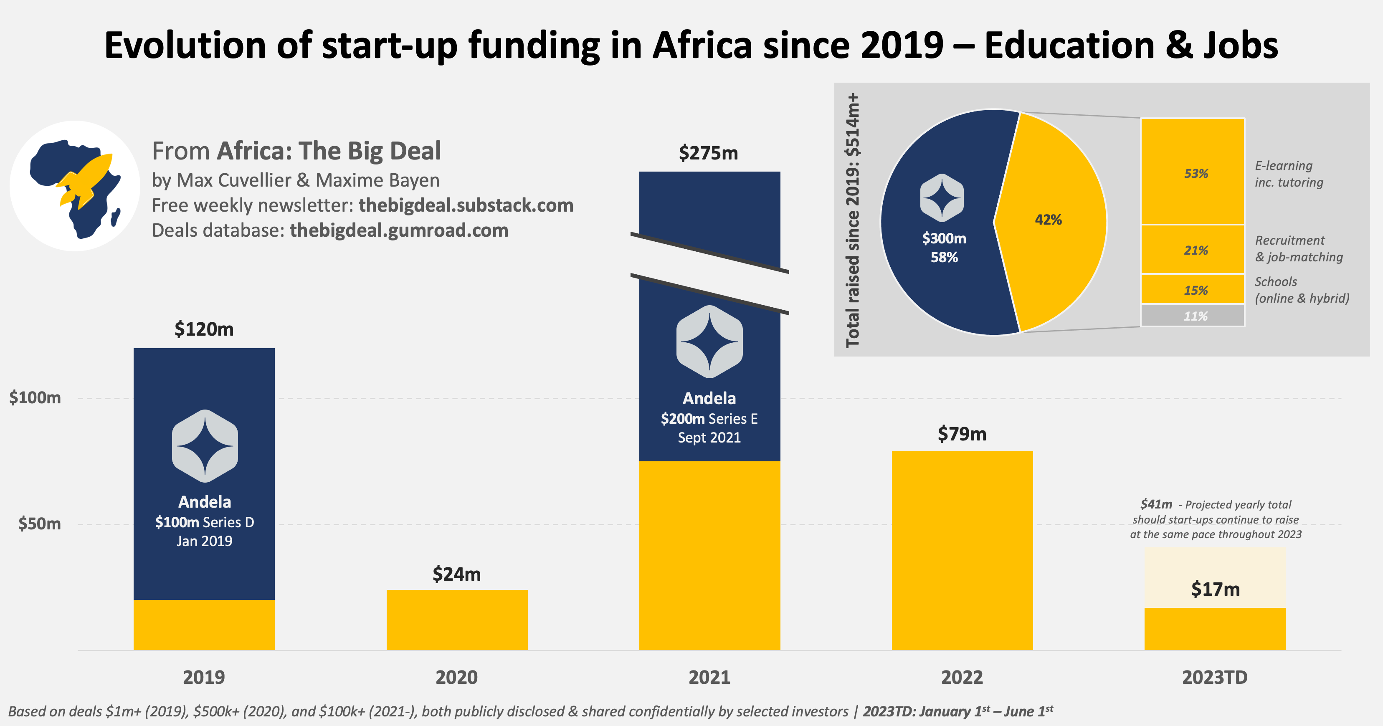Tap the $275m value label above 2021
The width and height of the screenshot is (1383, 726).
tap(708, 154)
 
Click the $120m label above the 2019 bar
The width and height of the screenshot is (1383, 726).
tap(204, 329)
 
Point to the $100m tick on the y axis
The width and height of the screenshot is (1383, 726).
tap(35, 397)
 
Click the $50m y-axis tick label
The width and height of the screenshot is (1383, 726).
tap(39, 524)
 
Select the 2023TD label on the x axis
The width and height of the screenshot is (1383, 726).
tap(1214, 677)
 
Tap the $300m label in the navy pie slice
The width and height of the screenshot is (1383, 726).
tap(944, 239)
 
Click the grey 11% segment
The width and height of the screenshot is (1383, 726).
tap(1193, 316)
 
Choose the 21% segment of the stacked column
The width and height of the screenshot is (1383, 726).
tap(1193, 250)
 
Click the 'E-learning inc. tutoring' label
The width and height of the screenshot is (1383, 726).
tap(1289, 174)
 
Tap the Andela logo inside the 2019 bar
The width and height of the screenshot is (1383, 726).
tap(205, 445)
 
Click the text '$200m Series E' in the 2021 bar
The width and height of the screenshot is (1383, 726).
tap(709, 419)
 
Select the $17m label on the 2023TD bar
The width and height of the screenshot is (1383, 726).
tap(1215, 589)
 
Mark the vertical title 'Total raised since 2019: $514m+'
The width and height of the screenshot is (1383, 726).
tap(853, 220)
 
